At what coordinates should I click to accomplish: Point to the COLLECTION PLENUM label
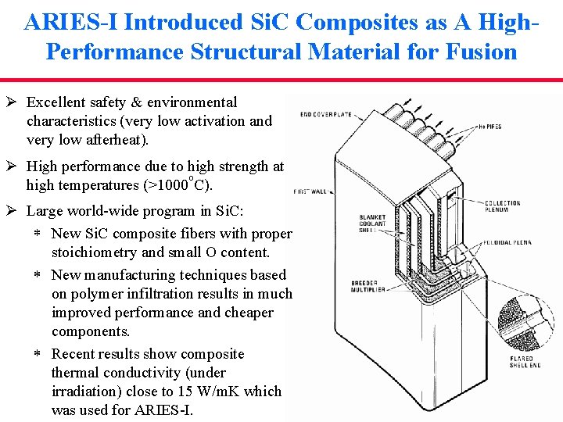click(502, 206)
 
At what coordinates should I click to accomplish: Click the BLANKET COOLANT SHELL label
click(373, 225)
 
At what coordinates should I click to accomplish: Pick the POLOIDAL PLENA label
click(507, 243)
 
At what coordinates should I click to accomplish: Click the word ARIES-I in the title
click(71, 22)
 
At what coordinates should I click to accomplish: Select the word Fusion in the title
click(479, 52)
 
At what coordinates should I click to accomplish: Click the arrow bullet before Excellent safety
click(13, 102)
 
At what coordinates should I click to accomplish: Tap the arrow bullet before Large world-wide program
click(13, 211)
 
